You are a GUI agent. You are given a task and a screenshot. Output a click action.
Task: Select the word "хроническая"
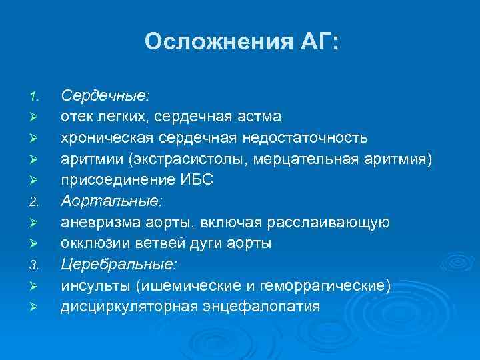coord(101,138)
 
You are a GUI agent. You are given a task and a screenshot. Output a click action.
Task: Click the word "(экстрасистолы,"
coord(185,159)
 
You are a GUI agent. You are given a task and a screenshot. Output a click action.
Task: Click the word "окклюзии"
coord(91,243)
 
